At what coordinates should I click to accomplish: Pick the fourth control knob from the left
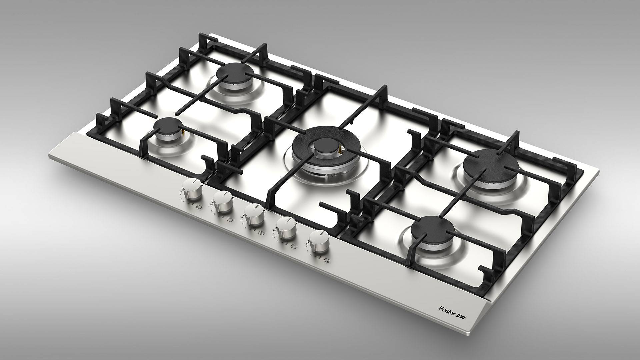286,228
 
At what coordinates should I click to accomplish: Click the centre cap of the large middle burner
322,147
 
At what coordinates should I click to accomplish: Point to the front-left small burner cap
170,127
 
